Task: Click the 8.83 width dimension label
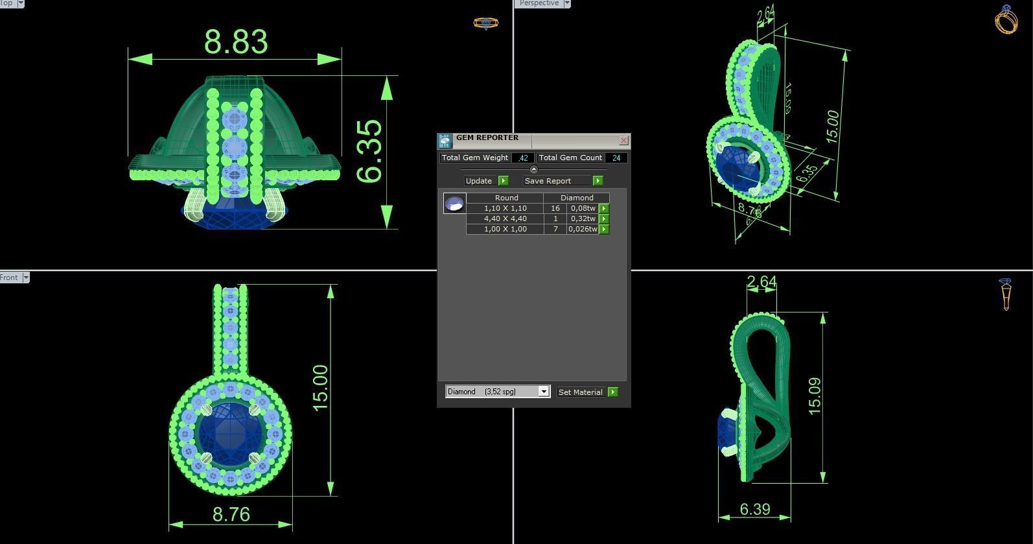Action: coord(236,41)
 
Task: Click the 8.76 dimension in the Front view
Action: coord(231,514)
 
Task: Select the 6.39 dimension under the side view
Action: coord(755,509)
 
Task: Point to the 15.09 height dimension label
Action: coord(815,396)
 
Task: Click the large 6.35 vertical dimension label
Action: coord(369,151)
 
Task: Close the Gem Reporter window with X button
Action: coord(623,140)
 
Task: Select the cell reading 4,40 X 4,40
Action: coord(505,219)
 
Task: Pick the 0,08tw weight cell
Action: coord(582,208)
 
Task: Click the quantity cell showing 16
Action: coord(555,208)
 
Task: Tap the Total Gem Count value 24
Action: coord(616,158)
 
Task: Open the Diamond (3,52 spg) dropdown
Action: coord(544,392)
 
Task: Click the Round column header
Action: coord(506,198)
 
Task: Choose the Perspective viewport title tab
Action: coord(539,3)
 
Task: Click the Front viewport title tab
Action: coord(9,278)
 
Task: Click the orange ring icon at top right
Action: coord(1006,19)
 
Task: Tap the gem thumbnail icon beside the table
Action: coord(454,204)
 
